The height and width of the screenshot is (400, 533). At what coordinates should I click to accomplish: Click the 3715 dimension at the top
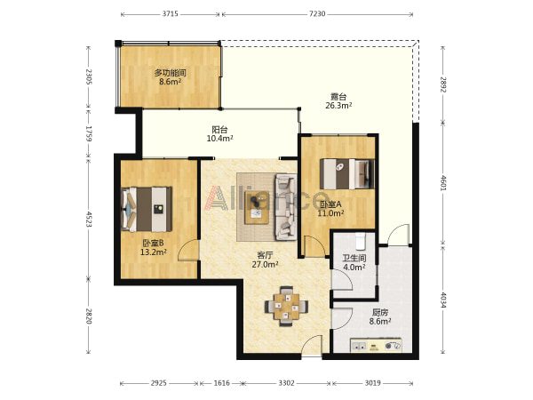point(170,14)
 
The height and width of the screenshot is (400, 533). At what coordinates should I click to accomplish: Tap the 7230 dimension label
point(317,14)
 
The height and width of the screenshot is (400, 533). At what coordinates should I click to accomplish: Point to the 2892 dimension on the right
point(442,84)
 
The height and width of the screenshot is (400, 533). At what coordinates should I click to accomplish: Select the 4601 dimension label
point(442,182)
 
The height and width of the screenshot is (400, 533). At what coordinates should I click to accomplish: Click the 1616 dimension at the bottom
point(221,383)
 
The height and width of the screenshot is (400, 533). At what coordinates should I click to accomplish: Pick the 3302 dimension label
point(286,383)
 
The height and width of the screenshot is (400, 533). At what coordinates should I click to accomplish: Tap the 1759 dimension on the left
point(89,133)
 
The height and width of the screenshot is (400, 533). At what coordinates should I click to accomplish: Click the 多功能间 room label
point(170,73)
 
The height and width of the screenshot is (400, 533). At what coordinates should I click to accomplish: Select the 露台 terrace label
point(338,97)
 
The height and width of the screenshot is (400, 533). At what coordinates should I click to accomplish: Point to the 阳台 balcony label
point(219,130)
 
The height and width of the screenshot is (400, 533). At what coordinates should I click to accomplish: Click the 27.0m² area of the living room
point(265,264)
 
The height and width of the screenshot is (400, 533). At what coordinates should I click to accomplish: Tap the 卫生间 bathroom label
point(354,259)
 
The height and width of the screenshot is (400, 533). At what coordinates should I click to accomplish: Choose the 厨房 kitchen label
point(380,312)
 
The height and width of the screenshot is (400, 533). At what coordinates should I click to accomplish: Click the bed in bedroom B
point(147,209)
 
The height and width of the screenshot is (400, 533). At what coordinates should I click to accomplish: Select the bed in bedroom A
point(347,174)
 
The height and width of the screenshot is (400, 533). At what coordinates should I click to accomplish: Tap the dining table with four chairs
point(287,306)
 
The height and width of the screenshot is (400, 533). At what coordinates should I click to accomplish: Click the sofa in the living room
point(286,207)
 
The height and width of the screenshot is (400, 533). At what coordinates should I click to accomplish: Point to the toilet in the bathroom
point(360,241)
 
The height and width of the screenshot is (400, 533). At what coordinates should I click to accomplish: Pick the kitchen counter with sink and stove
point(376,346)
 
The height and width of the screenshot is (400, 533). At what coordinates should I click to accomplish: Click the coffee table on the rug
point(257,207)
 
